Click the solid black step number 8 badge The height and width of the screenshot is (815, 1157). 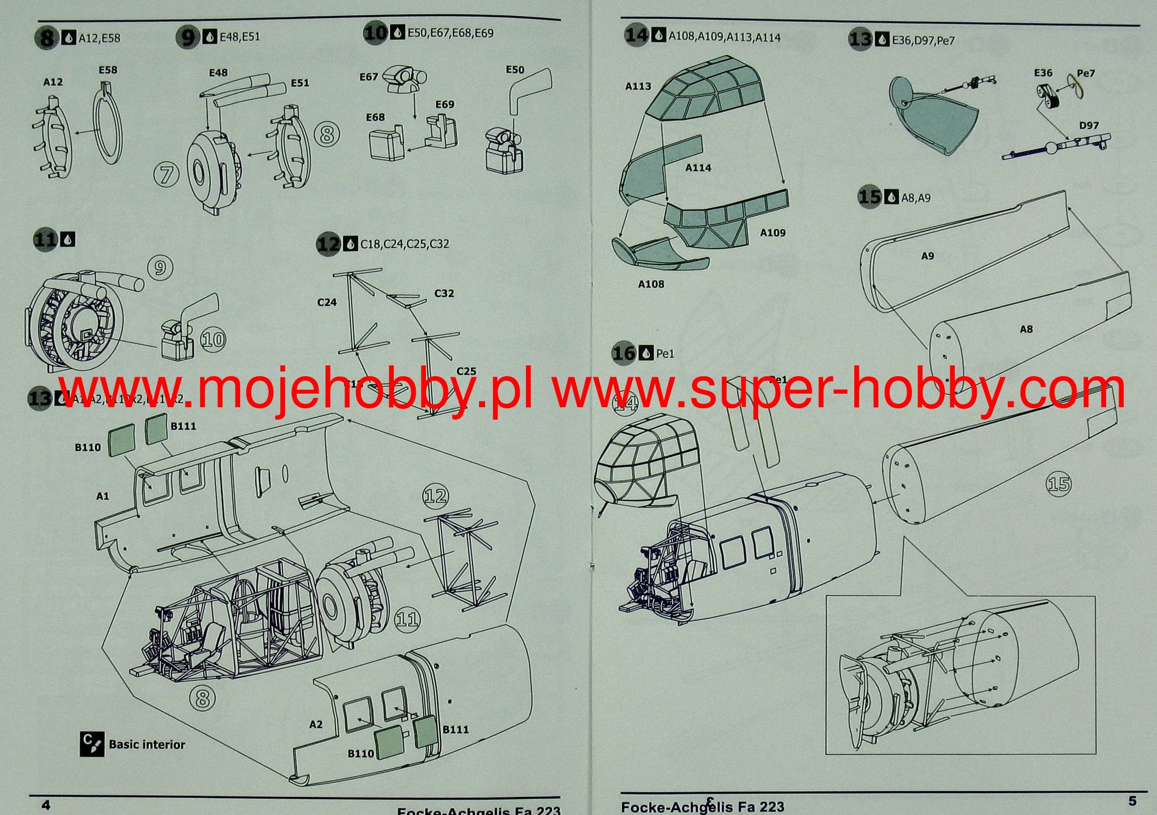click(47, 38)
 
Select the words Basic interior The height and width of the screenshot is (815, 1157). click(147, 744)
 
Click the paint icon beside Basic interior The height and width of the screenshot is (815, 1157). click(92, 744)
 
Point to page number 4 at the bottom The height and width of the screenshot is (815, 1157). click(46, 804)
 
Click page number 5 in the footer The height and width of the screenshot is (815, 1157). click(1132, 801)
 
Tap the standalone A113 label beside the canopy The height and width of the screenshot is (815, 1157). click(638, 86)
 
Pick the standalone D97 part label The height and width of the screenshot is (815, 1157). click(1089, 125)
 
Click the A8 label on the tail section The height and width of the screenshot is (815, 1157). click(1026, 329)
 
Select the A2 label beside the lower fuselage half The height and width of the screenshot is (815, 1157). click(316, 724)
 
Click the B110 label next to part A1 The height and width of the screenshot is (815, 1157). click(88, 447)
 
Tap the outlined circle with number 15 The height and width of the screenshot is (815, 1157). click(1058, 484)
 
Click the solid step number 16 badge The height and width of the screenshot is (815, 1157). click(624, 354)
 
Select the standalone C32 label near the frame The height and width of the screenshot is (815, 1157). click(444, 293)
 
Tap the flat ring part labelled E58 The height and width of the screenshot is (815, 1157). click(107, 123)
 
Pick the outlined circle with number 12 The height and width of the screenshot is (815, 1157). click(435, 496)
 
